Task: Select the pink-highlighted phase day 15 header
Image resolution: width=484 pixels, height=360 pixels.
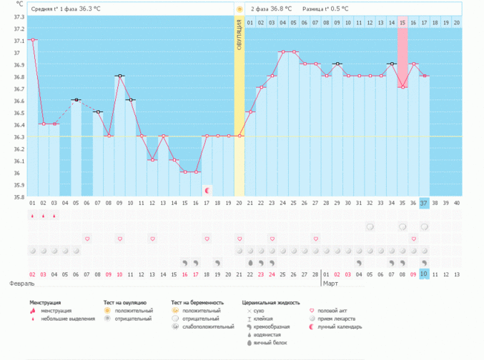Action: (x=402, y=23)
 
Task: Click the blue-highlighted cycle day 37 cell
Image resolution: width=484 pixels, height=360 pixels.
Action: (x=424, y=203)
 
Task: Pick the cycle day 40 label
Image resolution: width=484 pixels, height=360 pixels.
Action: (x=457, y=203)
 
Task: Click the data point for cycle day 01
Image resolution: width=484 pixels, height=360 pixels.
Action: (x=33, y=40)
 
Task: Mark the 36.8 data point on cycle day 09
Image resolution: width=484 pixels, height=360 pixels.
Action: (x=120, y=76)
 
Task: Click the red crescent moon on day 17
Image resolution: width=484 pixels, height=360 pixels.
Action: (x=207, y=190)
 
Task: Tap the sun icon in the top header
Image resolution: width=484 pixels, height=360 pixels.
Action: (x=239, y=9)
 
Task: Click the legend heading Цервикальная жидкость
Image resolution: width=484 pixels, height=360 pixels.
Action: (x=271, y=303)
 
